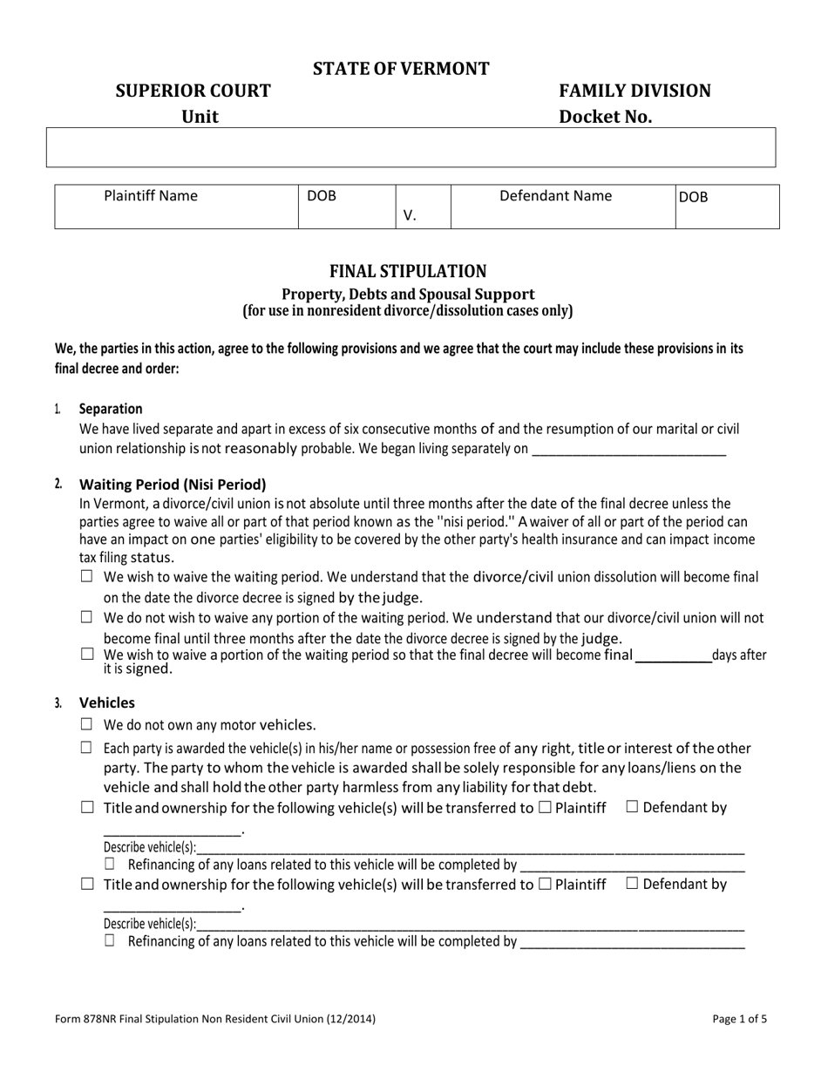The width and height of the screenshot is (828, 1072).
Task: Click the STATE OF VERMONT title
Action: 401,69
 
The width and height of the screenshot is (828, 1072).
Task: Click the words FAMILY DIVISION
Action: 635,92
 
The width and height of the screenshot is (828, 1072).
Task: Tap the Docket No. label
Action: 605,118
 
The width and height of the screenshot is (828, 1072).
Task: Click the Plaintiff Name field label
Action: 151,196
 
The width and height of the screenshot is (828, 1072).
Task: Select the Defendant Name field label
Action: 555,196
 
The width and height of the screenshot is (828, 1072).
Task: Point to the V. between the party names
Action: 410,215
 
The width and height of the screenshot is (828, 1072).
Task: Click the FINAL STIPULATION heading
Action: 408,271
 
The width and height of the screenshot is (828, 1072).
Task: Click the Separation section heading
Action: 111,409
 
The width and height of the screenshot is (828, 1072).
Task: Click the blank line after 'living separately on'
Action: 628,450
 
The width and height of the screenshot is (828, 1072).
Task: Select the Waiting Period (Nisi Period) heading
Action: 173,485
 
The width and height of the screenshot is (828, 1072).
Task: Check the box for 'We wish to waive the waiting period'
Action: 86,576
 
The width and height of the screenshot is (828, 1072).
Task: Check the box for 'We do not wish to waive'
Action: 86,617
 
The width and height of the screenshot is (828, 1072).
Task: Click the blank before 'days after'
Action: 673,656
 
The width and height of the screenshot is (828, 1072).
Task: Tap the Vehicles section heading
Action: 107,702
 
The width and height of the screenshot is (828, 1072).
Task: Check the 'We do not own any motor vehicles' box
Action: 86,724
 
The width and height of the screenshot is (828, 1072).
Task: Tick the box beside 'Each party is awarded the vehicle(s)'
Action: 86,747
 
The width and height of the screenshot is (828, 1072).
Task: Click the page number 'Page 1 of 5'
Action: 740,1018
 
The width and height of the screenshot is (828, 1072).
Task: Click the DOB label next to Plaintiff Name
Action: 322,196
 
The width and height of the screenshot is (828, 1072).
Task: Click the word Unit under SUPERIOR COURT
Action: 200,118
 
